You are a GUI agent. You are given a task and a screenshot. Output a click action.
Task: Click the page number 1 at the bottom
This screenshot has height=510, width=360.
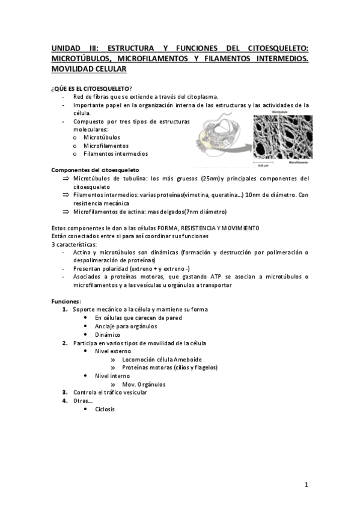(306, 484)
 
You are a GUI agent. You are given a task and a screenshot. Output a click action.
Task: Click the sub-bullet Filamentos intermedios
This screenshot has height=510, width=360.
(116, 154)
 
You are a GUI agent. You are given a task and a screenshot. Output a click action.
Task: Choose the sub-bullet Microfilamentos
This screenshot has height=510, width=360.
(106, 146)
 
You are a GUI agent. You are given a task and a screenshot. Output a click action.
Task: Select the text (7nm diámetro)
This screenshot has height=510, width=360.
(205, 212)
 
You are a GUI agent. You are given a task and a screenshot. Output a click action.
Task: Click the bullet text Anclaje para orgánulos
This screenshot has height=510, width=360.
(126, 326)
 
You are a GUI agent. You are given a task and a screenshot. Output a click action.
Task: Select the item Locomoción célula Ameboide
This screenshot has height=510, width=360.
(156, 359)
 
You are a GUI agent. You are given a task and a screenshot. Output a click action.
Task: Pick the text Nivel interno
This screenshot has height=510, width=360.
(112, 376)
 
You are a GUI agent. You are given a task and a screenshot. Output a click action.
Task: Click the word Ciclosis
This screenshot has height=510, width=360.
(105, 409)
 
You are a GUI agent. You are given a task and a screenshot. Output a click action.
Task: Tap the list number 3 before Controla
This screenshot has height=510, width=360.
(65, 392)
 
